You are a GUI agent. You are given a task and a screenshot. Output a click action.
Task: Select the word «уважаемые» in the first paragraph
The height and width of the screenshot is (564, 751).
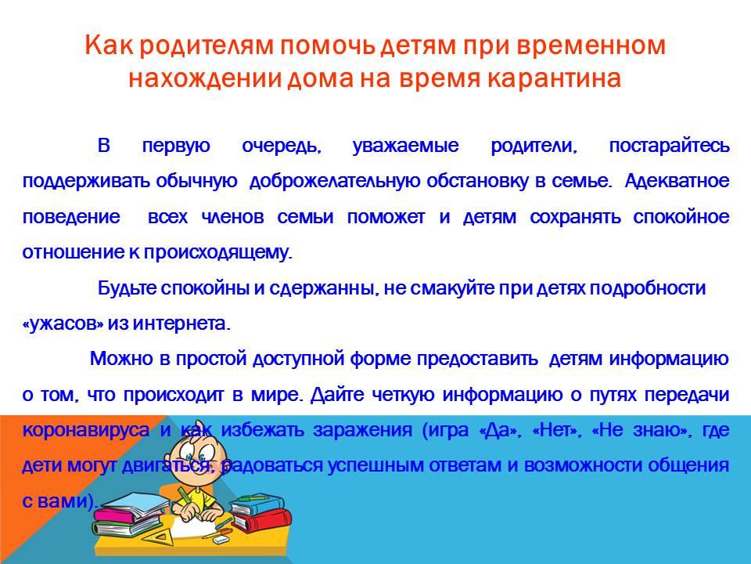pyautogui.click(x=406, y=146)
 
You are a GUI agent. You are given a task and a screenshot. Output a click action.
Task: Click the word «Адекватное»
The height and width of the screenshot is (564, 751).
pyautogui.click(x=677, y=181)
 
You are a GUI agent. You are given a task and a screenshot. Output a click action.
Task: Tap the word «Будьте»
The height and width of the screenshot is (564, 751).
pyautogui.click(x=128, y=287)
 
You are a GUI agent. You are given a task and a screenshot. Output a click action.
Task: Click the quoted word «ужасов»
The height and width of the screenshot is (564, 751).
pyautogui.click(x=63, y=324)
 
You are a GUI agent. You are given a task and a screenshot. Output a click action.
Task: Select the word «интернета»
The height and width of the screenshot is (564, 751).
pyautogui.click(x=182, y=324)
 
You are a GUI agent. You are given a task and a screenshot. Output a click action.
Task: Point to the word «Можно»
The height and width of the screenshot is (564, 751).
pyautogui.click(x=122, y=359)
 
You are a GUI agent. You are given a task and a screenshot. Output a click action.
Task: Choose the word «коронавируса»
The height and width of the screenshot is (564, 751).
pyautogui.click(x=86, y=430)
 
